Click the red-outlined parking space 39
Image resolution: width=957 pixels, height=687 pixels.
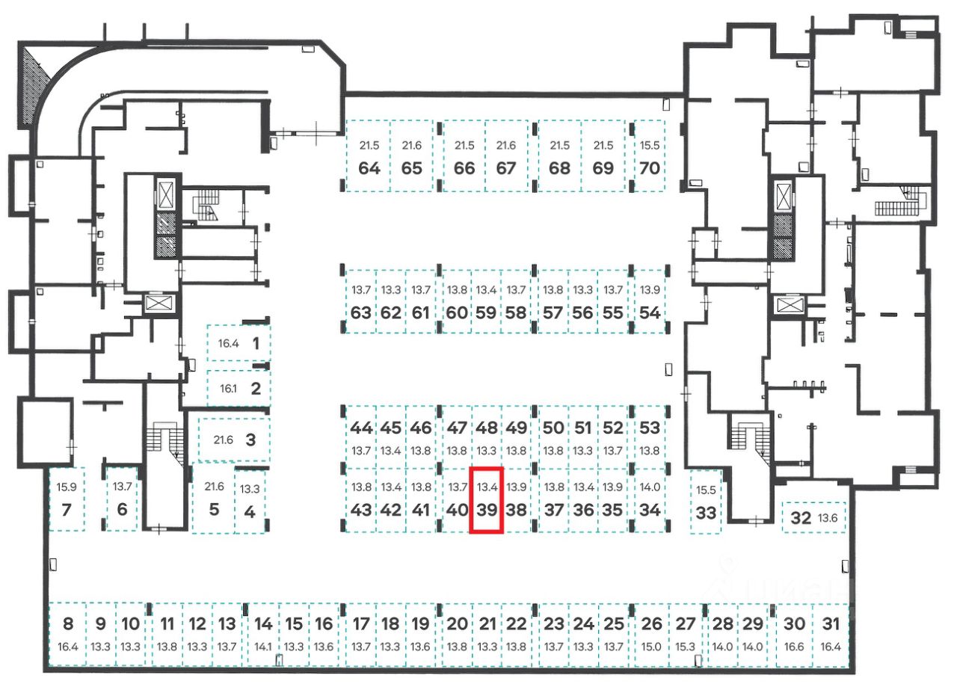pyautogui.click(x=486, y=500)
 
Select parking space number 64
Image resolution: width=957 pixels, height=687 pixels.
pyautogui.click(x=369, y=158)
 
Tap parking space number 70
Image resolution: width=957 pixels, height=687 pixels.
pyautogui.click(x=650, y=158)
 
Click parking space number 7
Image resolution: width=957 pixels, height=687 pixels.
pyautogui.click(x=66, y=499)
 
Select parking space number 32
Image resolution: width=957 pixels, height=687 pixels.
pyautogui.click(x=813, y=517)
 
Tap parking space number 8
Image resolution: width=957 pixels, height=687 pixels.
pyautogui.click(x=68, y=635)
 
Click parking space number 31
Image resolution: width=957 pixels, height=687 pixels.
pyautogui.click(x=831, y=635)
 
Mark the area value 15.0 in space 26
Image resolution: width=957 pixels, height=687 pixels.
pyautogui.click(x=652, y=647)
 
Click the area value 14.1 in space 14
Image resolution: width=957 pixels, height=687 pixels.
pyautogui.click(x=263, y=647)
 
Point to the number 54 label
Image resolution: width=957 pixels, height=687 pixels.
pyautogui.click(x=650, y=313)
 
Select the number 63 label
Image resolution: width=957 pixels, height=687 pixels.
pyautogui.click(x=361, y=313)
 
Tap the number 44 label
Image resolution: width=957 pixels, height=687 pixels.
pyautogui.click(x=361, y=428)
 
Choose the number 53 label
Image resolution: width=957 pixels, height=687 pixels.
pyautogui.click(x=650, y=428)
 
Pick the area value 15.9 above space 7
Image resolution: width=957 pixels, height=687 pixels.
pyautogui.click(x=66, y=487)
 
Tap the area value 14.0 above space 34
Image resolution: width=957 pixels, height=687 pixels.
pyautogui.click(x=650, y=487)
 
